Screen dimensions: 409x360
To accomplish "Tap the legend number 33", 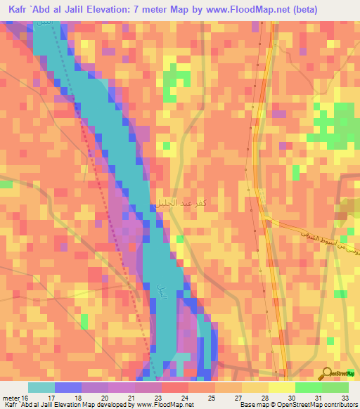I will click(345, 397).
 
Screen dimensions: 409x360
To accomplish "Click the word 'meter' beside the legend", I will click(11, 397).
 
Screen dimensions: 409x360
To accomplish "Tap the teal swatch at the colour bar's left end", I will click(41, 387).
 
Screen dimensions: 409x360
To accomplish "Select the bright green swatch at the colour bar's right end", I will click(335, 387).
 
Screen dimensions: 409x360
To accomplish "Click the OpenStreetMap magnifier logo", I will click(328, 373).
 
